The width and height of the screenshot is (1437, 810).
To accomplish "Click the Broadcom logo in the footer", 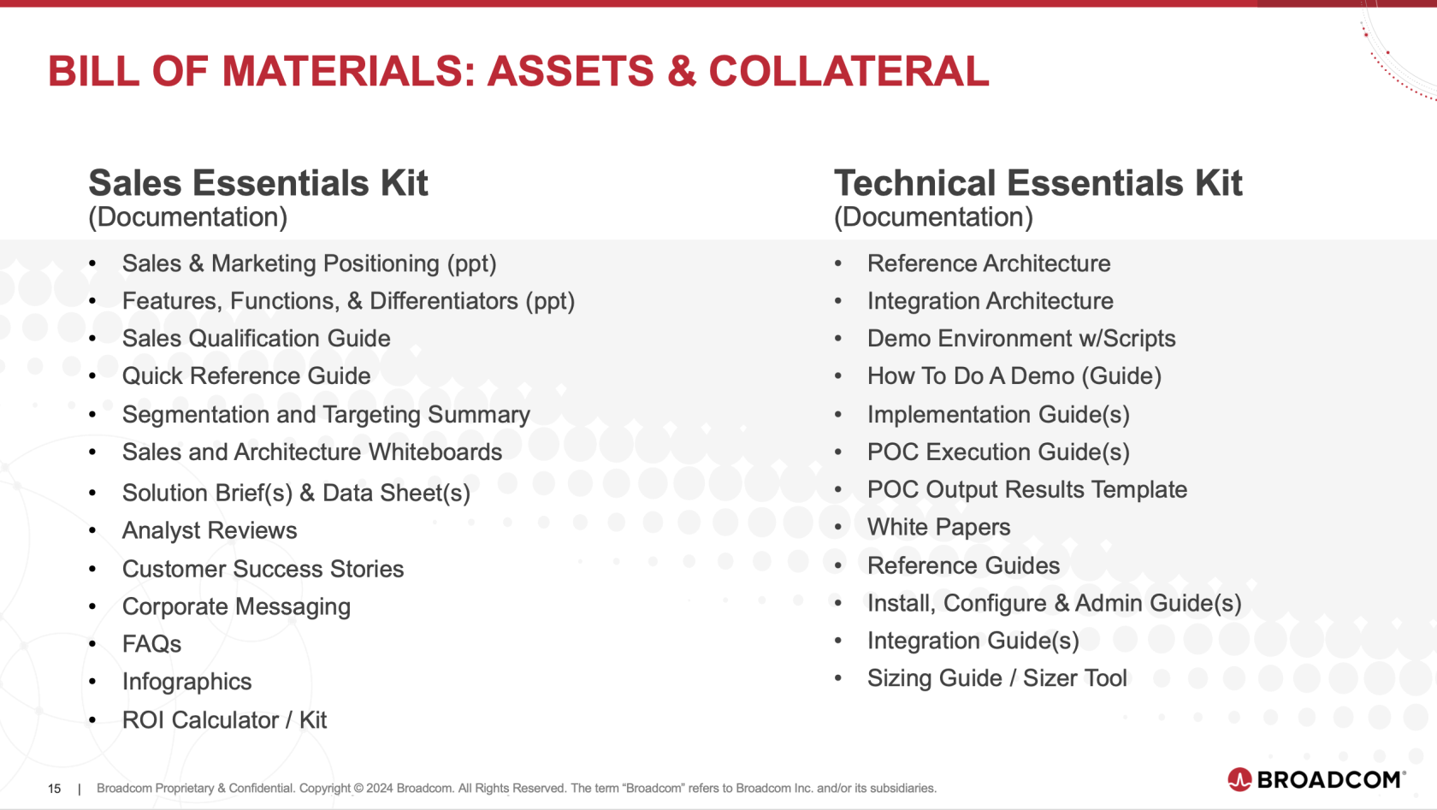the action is pyautogui.click(x=1316, y=779).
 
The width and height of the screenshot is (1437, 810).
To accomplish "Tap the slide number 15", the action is pyautogui.click(x=55, y=789).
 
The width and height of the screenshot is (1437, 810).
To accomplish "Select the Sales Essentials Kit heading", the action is pyautogui.click(x=258, y=183).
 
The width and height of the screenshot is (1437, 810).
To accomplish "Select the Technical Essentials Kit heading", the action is pyautogui.click(x=1038, y=183).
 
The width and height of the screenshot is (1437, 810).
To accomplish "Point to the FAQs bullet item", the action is pyautogui.click(x=152, y=644).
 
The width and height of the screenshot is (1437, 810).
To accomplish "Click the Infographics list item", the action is pyautogui.click(x=186, y=682).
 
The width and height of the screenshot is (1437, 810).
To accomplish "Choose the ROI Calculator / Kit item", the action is pyautogui.click(x=224, y=720).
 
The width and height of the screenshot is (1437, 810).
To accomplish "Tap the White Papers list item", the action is pyautogui.click(x=938, y=527).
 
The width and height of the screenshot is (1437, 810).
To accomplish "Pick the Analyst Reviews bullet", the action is pyautogui.click(x=210, y=530).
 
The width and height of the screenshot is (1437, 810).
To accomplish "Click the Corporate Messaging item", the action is pyautogui.click(x=237, y=606).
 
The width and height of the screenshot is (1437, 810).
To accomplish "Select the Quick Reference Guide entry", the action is pyautogui.click(x=246, y=375).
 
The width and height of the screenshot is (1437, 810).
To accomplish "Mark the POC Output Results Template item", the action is pyautogui.click(x=1027, y=489).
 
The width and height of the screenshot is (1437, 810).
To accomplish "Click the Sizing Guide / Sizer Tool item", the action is pyautogui.click(x=997, y=678).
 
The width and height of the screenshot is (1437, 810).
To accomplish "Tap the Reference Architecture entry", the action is pyautogui.click(x=989, y=263).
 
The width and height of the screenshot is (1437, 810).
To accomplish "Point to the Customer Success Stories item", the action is pyautogui.click(x=263, y=569).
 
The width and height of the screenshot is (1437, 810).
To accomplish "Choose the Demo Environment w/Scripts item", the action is pyautogui.click(x=1021, y=339).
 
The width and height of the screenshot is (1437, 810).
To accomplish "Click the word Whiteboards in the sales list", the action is pyautogui.click(x=435, y=452).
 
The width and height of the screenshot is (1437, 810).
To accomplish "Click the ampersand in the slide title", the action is pyautogui.click(x=681, y=70).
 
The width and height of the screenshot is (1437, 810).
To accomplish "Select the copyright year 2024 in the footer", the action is pyautogui.click(x=379, y=789).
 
